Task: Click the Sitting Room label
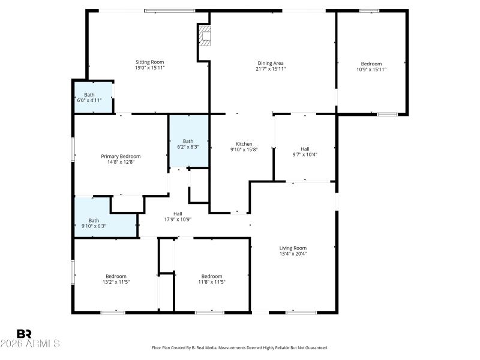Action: pos(149,62)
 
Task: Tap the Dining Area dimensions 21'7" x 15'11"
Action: pos(270,69)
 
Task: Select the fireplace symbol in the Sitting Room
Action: pos(205,36)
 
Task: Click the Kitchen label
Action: pos(244,144)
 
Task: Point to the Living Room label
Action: pos(293,248)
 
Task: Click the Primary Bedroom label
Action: pos(120,156)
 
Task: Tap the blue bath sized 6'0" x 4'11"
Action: pos(93,97)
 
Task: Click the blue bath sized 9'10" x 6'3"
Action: pos(105,223)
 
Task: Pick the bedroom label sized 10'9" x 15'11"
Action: pos(371,64)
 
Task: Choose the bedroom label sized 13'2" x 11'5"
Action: pos(116,276)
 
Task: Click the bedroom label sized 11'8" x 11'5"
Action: pos(212,276)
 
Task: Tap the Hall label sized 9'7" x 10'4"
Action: pos(305,149)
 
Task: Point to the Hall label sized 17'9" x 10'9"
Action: pos(178,214)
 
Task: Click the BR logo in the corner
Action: pos(24,334)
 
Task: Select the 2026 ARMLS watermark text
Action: pos(30,344)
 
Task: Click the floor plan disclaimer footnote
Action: pos(240,347)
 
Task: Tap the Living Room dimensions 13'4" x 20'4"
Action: pos(293,254)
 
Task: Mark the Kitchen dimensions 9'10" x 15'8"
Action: pos(244,150)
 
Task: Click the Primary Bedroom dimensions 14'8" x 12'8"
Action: pos(120,162)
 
